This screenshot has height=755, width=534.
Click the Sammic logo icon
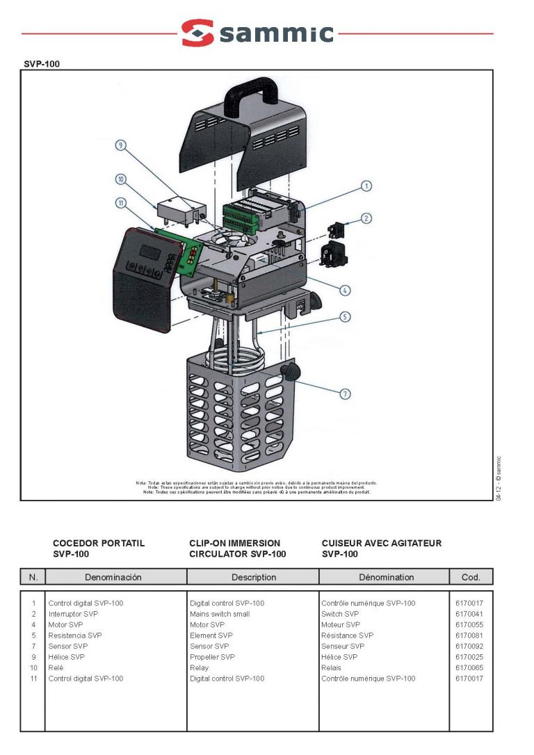click(x=197, y=33)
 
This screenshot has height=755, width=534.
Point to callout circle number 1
click(x=366, y=186)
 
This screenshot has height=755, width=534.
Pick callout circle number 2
click(x=366, y=218)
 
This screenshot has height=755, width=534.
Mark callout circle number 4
click(x=346, y=290)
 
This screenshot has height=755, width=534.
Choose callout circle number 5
click(x=346, y=316)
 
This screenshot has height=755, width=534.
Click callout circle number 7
click(x=346, y=394)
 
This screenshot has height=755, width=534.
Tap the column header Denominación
click(x=113, y=577)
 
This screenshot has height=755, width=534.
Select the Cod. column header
click(x=471, y=577)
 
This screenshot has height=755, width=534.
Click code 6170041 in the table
click(x=469, y=614)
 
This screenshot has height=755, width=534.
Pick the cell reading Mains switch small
click(x=220, y=614)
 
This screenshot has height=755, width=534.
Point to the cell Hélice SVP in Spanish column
click(x=67, y=657)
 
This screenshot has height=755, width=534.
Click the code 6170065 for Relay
click(x=469, y=667)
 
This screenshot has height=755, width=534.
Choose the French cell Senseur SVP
click(x=343, y=646)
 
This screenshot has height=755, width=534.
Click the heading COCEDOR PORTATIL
click(x=99, y=543)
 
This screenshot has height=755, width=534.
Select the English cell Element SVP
click(x=211, y=635)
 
